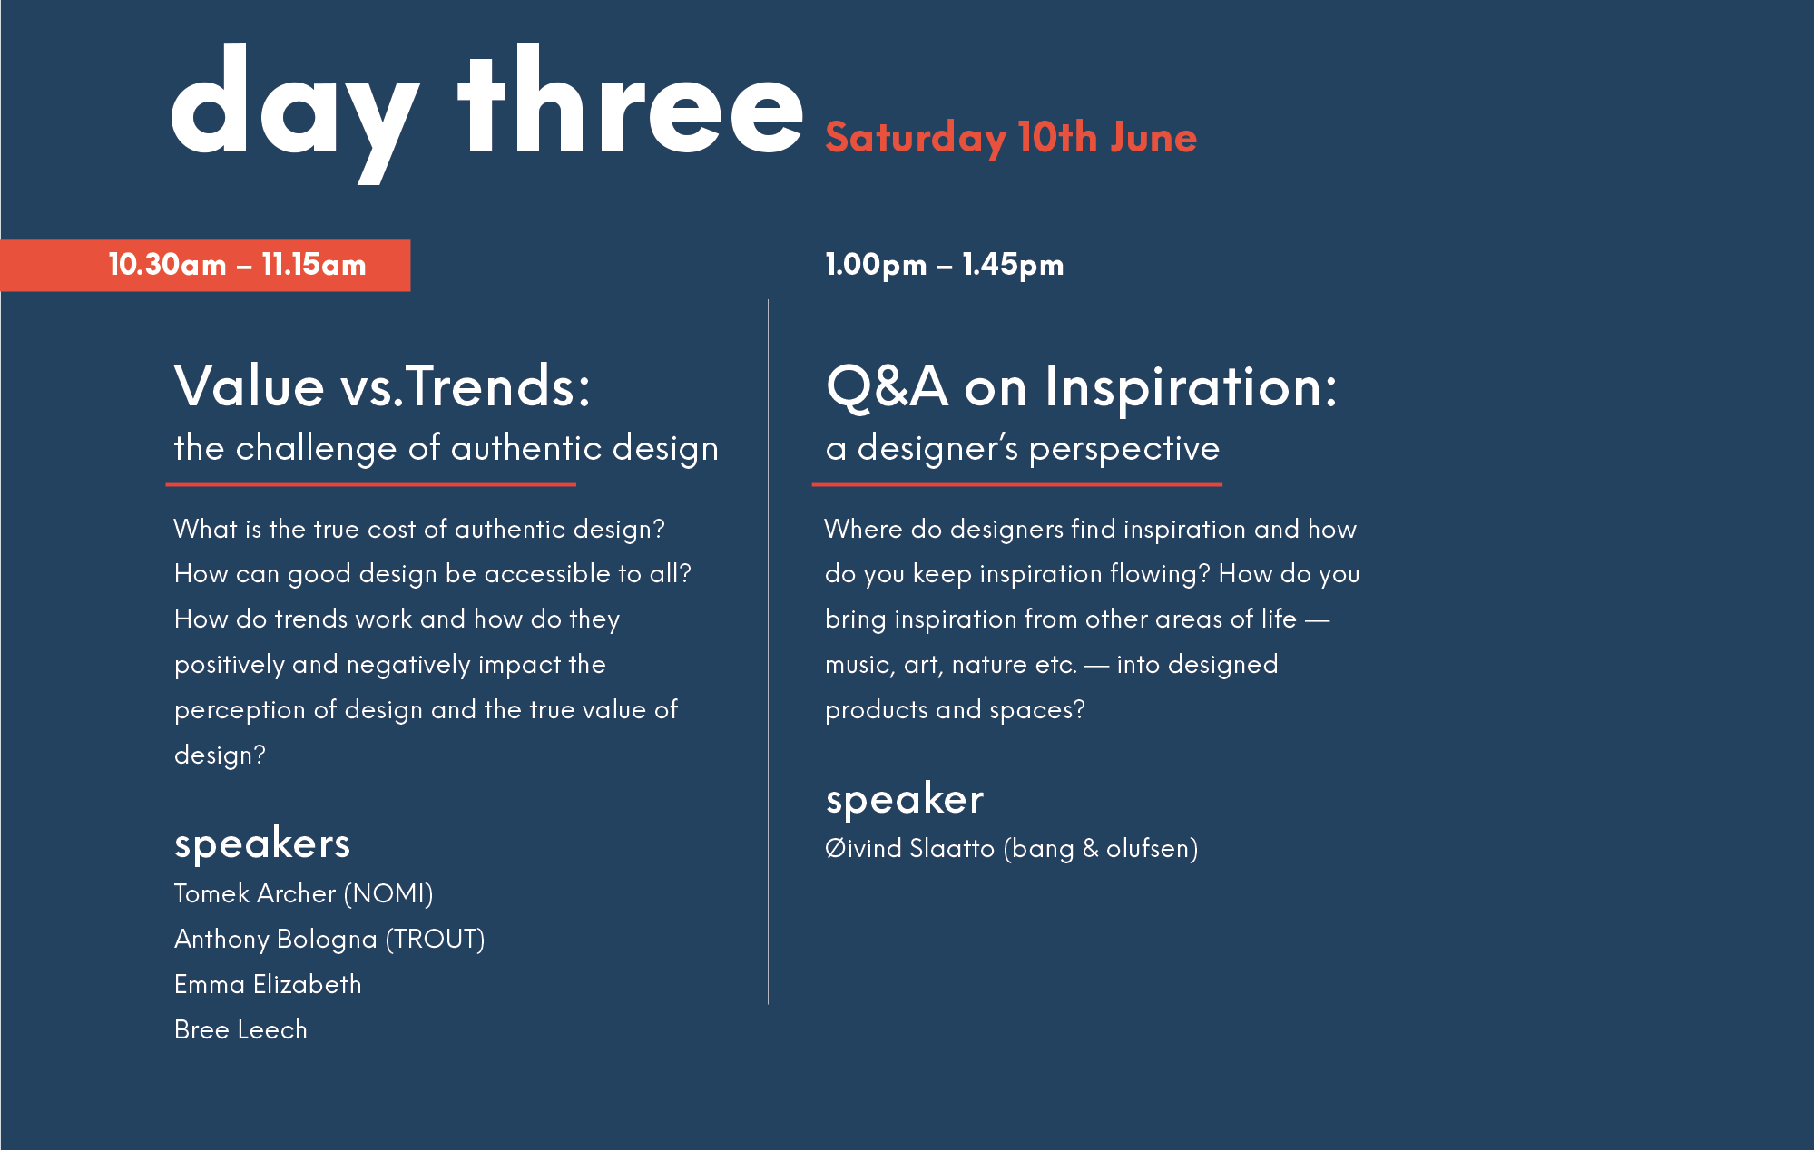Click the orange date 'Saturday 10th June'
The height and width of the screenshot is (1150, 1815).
[x=1011, y=138]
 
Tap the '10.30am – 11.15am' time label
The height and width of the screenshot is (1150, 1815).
[x=237, y=265]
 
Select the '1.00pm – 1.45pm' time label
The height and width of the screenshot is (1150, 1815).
[x=944, y=265]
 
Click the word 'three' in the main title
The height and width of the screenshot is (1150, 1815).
[x=631, y=104]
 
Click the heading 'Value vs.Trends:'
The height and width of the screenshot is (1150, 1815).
[x=382, y=386]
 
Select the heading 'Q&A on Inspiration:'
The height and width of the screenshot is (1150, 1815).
[x=1081, y=386]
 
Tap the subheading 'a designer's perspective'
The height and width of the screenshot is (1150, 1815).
[x=1023, y=448]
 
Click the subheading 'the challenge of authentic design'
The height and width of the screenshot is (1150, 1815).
[x=446, y=448]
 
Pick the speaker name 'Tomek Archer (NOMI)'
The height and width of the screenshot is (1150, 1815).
[x=303, y=893]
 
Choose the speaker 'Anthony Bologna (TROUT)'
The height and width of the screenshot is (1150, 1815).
[x=329, y=939]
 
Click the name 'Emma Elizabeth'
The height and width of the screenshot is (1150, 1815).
[x=268, y=984]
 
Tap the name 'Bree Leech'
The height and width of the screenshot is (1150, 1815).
[x=240, y=1029]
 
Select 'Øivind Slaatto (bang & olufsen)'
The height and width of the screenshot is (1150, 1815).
[x=1011, y=848]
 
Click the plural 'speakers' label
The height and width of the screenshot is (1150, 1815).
[x=261, y=843]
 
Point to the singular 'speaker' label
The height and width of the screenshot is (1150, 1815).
[x=904, y=799]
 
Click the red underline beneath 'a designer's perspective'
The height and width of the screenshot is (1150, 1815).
[x=1016, y=485]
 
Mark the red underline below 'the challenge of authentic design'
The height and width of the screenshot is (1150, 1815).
[x=370, y=485]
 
